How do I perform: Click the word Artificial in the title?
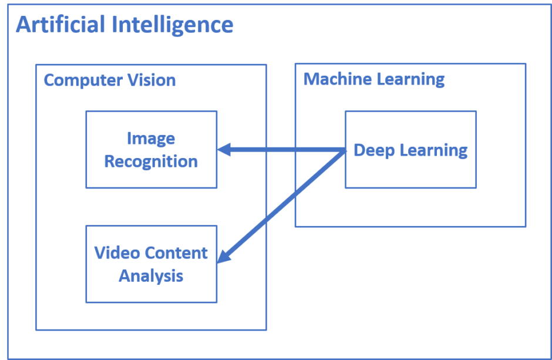click(58, 25)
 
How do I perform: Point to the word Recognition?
click(151, 162)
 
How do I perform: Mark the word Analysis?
click(151, 275)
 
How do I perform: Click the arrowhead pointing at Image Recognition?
click(224, 150)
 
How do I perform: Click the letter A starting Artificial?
click(23, 25)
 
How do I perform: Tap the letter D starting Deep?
click(359, 150)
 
